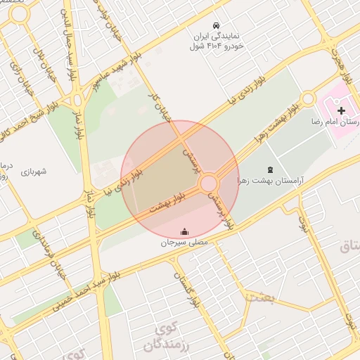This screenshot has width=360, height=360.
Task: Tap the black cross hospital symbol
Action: [x=341, y=110]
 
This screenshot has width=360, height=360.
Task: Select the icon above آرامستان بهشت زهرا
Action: [x=270, y=169]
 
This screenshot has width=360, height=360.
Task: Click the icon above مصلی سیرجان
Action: [x=185, y=231]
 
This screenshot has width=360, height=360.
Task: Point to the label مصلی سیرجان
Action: [x=185, y=242]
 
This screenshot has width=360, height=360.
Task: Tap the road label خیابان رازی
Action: [x=29, y=88]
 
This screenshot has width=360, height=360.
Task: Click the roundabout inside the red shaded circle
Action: [x=209, y=184]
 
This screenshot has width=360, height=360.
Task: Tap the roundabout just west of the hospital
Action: [x=307, y=99]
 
